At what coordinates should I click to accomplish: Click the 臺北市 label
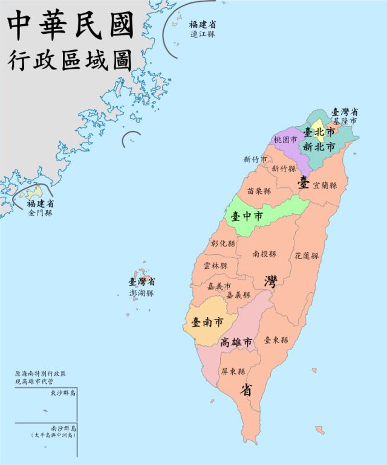[x=319, y=131]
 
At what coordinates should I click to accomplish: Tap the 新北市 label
[x=319, y=146]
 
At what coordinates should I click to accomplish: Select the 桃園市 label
[x=285, y=139]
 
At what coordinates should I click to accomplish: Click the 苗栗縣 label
[x=259, y=191]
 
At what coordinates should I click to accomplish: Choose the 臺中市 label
[x=247, y=216]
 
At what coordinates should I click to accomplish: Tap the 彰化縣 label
[x=223, y=243]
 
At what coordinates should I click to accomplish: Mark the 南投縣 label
[x=264, y=254]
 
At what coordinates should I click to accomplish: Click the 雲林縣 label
[x=216, y=266]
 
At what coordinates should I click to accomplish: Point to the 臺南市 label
[x=206, y=322]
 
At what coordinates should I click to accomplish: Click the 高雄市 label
[x=236, y=342]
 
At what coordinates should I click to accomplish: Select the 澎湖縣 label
[x=141, y=292]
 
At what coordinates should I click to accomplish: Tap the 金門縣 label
[x=40, y=213]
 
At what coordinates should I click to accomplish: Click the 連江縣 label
[x=202, y=34]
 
